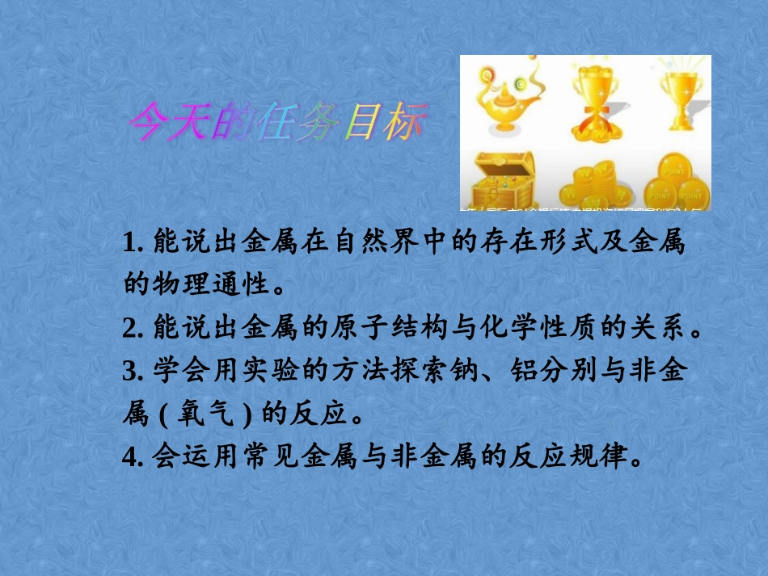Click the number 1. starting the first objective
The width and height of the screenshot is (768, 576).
[x=134, y=242]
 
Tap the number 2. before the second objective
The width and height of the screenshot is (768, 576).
[x=134, y=328]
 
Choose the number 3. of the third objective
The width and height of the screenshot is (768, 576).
[x=134, y=371]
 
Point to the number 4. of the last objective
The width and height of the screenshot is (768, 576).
[x=134, y=457]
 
